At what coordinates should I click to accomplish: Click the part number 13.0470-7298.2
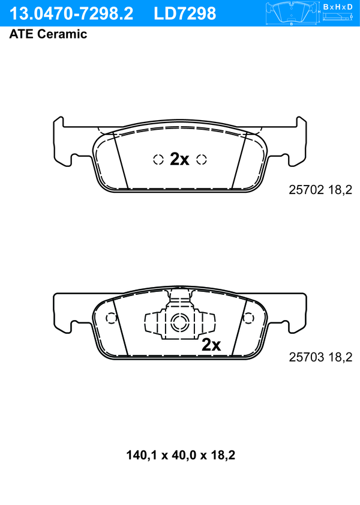pyautogui.click(x=71, y=14)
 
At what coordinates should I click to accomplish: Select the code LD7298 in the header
pyautogui.click(x=185, y=14)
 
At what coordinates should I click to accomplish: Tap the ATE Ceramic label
pyautogui.click(x=48, y=34)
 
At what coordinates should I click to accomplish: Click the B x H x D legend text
pyautogui.click(x=338, y=7)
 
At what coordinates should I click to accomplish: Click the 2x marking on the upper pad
pyautogui.click(x=179, y=159)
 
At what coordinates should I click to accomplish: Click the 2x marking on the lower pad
pyautogui.click(x=211, y=345)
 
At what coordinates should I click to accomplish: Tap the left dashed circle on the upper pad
pyautogui.click(x=158, y=159)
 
